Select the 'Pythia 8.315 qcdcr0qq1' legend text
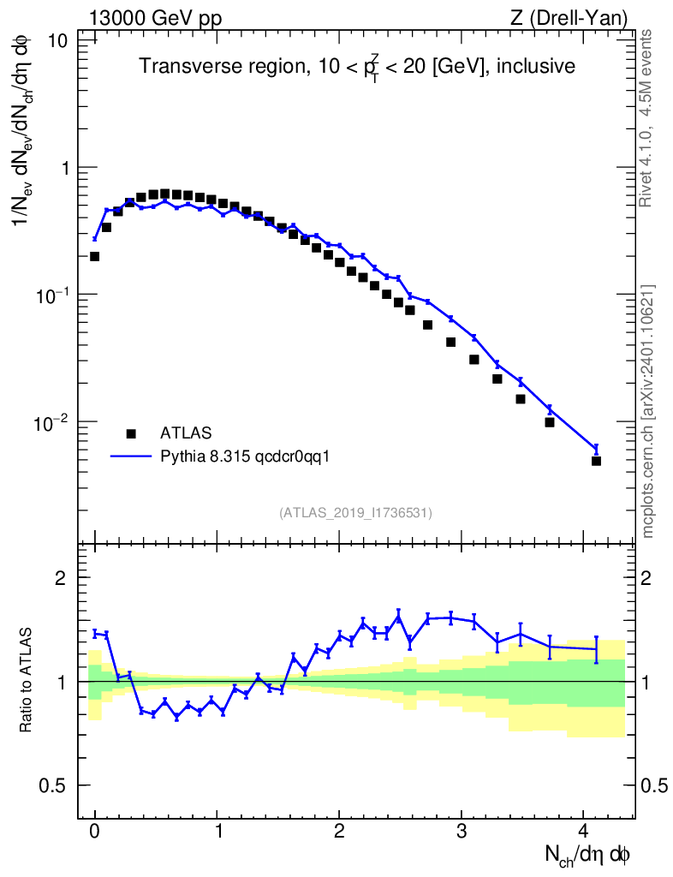pos(245,456)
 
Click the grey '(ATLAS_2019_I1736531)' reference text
pos(355,512)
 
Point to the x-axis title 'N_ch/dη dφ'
pos(588,854)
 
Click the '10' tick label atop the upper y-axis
pos(58,41)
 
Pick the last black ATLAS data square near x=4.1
pos(596,461)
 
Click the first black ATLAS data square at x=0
pos(95,256)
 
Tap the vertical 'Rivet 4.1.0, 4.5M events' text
pos(648,118)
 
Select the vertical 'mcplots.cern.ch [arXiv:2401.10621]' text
pos(648,411)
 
